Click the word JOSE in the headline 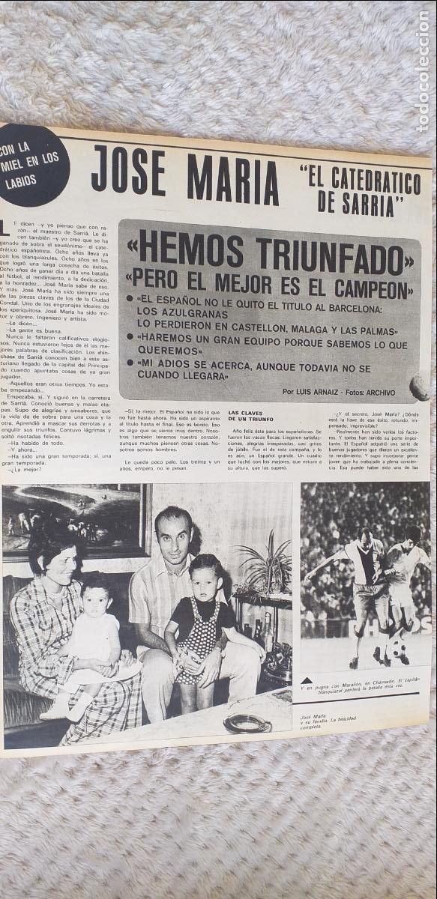pos(128,172)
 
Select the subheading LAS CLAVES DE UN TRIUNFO pos(255,417)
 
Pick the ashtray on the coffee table pos(247,723)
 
